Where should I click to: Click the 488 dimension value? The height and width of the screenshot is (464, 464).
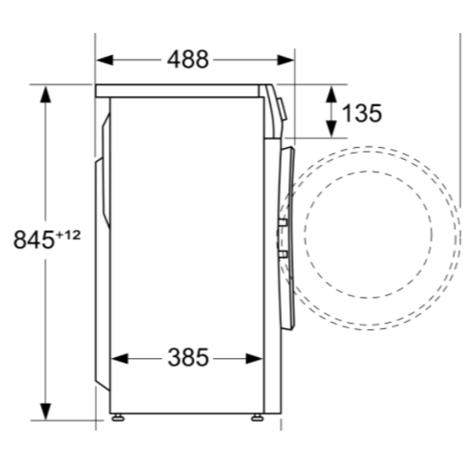point(188,59)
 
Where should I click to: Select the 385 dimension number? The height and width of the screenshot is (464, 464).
point(188,358)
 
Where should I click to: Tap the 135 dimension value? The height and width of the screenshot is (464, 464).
point(361,113)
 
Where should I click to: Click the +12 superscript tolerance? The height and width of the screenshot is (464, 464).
point(68,235)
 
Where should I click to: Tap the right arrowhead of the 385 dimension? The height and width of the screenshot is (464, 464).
point(255,358)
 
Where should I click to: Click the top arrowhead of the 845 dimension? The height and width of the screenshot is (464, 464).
point(45,95)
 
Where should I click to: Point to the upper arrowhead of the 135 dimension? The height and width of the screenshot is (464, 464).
point(331,95)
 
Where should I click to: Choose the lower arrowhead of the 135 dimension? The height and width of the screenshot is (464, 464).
point(331,128)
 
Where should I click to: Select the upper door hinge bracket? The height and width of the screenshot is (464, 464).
point(282,223)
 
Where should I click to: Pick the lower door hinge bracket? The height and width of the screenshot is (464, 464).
point(282,253)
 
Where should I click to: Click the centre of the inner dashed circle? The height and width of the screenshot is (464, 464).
point(369,234)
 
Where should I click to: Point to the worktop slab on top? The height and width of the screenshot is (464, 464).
point(179,90)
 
